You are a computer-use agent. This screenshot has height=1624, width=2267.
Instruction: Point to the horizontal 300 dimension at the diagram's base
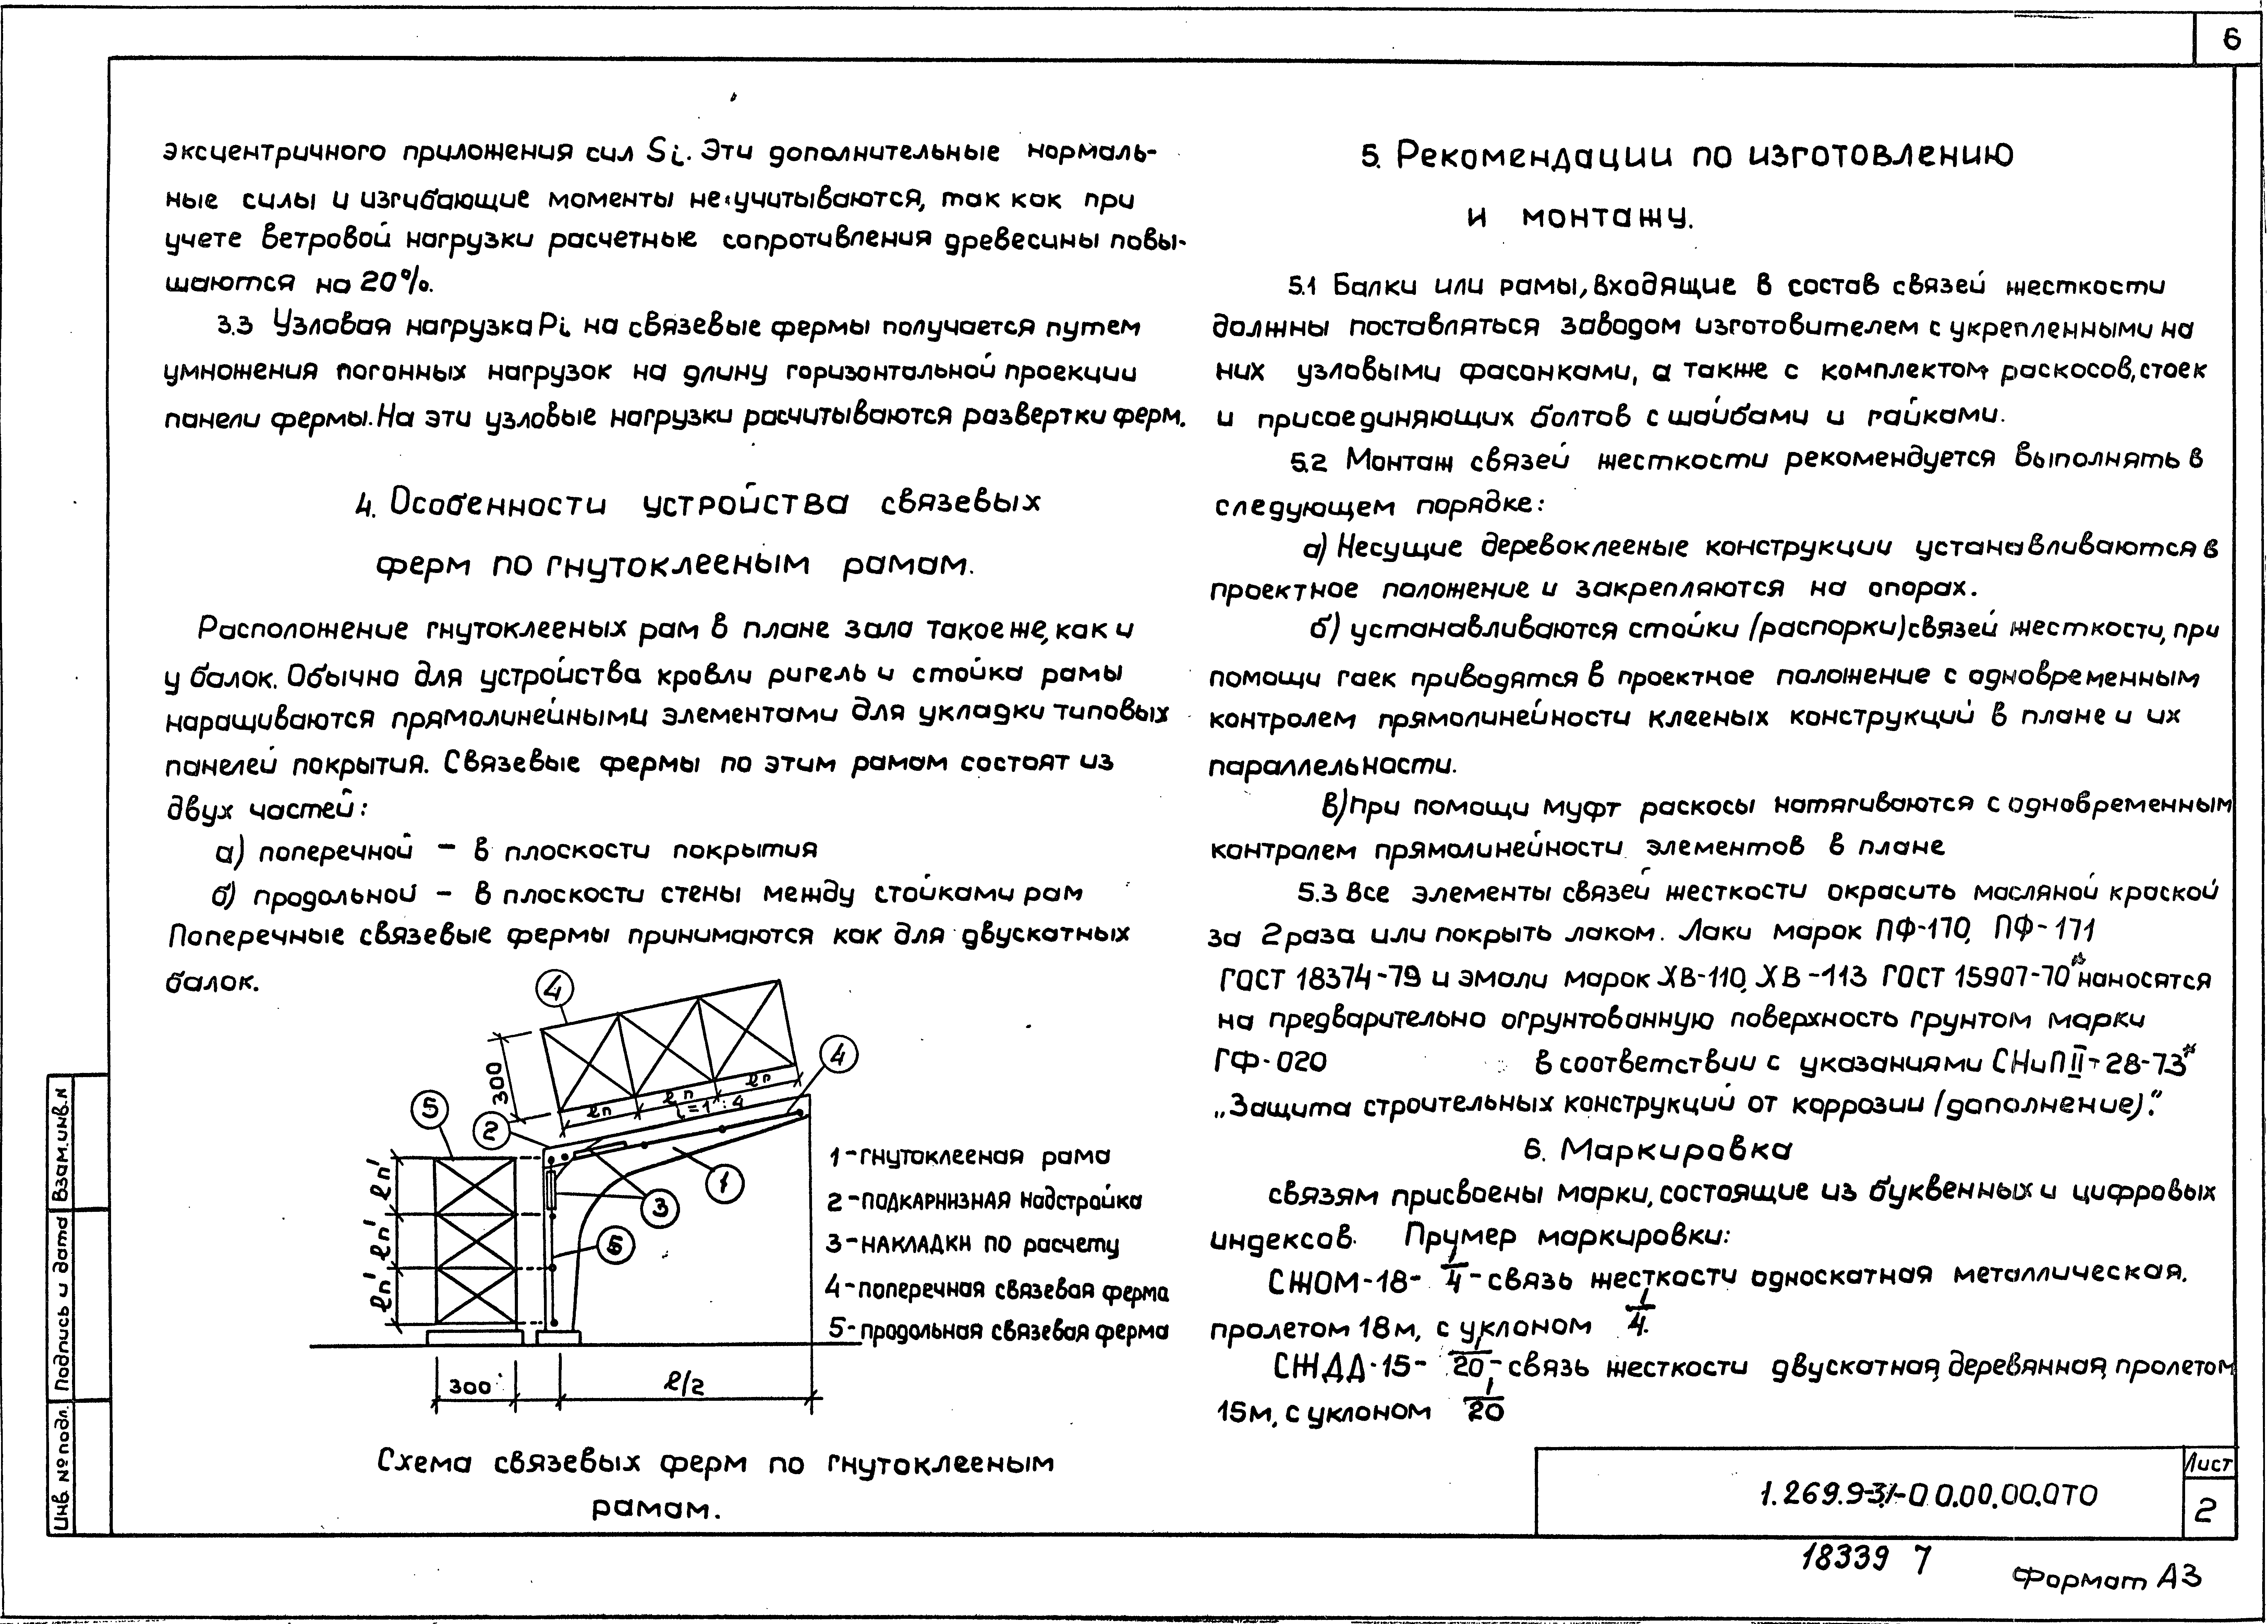[470, 1387]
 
